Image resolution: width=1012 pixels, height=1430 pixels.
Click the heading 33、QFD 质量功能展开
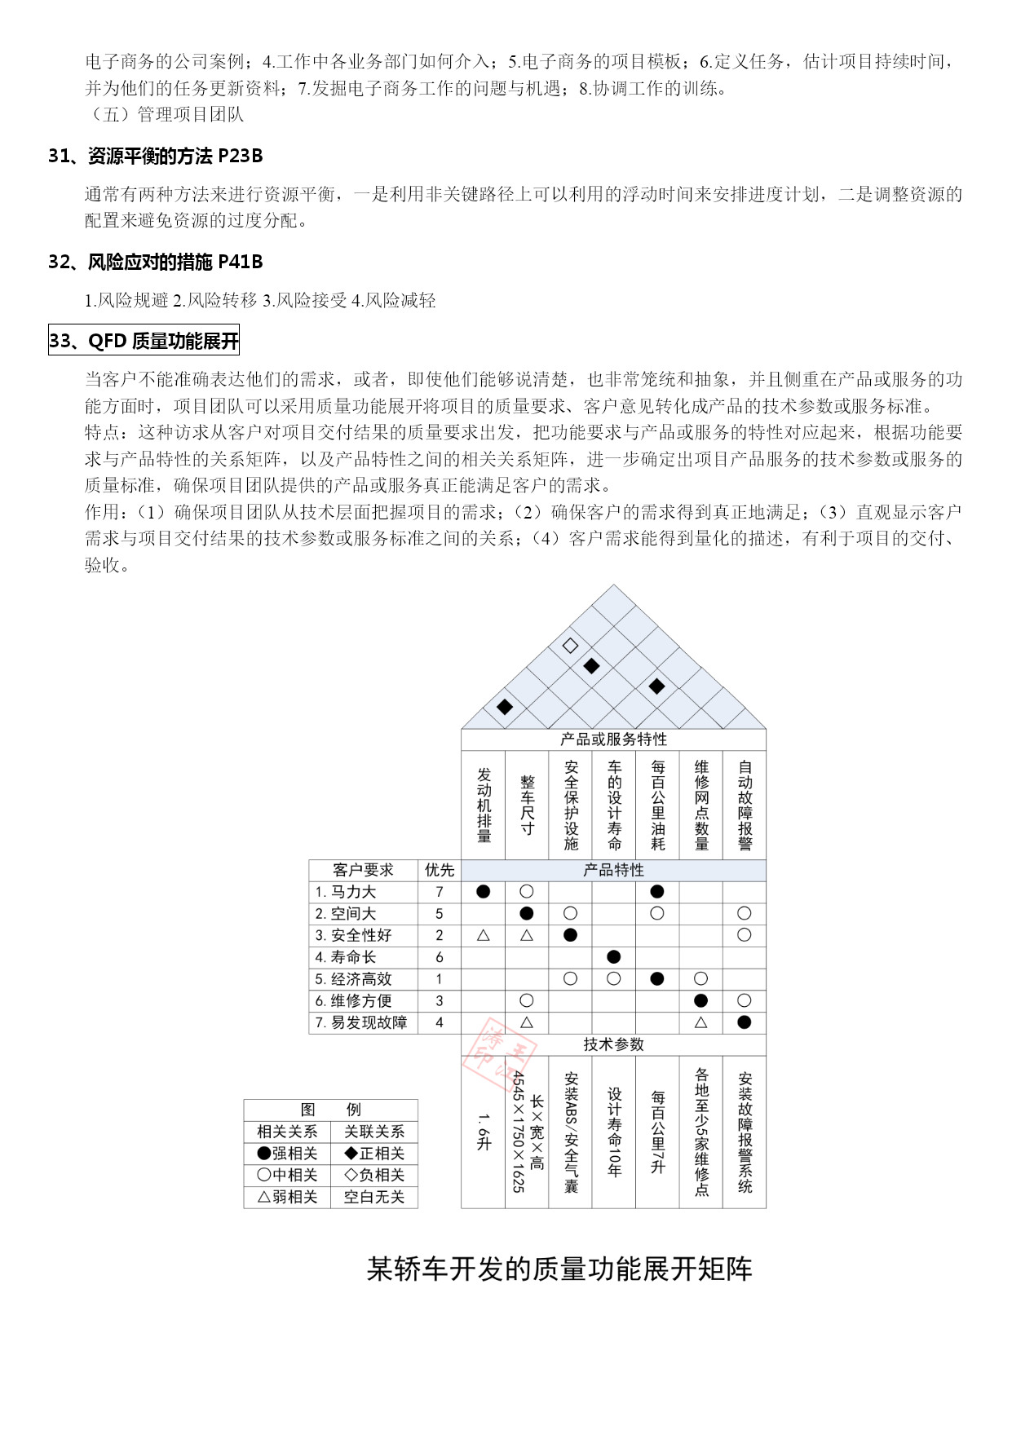(144, 340)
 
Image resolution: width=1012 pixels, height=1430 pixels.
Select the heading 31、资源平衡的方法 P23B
(155, 156)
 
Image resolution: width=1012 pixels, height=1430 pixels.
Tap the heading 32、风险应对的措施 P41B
(155, 262)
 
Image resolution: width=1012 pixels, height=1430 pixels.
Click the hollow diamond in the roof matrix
(570, 646)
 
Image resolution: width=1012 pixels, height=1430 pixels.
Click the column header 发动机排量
(484, 805)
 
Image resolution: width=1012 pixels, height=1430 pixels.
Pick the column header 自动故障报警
(745, 805)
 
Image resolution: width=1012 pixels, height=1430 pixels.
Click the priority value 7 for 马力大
(440, 892)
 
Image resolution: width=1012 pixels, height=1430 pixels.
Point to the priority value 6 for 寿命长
(440, 957)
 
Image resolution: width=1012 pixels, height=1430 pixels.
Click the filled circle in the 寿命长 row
(614, 957)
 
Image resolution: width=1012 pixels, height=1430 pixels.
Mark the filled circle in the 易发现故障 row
(745, 1022)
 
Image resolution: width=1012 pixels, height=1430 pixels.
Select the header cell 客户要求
(363, 870)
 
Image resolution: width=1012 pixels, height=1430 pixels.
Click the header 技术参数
(614, 1044)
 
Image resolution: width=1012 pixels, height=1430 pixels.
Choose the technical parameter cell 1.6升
(484, 1132)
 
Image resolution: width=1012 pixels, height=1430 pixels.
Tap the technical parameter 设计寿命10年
(614, 1132)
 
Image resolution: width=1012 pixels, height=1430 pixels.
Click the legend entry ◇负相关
(374, 1175)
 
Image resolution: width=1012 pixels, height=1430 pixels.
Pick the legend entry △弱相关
(287, 1197)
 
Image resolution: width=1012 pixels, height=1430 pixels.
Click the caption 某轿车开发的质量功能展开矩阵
(559, 1269)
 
